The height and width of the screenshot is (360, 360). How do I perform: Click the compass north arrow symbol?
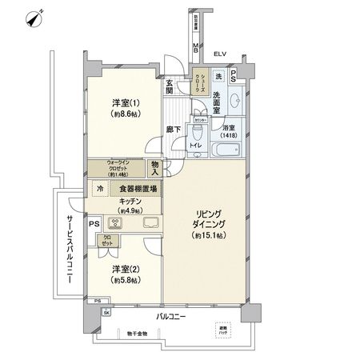(34, 17)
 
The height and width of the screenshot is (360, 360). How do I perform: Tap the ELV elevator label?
(220, 54)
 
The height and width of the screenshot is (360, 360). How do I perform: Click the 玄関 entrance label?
(170, 87)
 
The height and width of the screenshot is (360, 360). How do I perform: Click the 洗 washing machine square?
(218, 75)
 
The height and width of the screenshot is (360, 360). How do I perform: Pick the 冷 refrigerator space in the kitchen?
(100, 189)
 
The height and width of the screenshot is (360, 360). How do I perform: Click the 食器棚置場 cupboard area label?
(132, 189)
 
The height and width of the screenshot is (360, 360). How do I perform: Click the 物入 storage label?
(155, 168)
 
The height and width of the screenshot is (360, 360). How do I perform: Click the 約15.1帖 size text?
(207, 237)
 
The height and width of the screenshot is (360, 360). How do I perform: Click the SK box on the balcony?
(105, 311)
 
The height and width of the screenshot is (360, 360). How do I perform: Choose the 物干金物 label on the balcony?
(137, 333)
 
